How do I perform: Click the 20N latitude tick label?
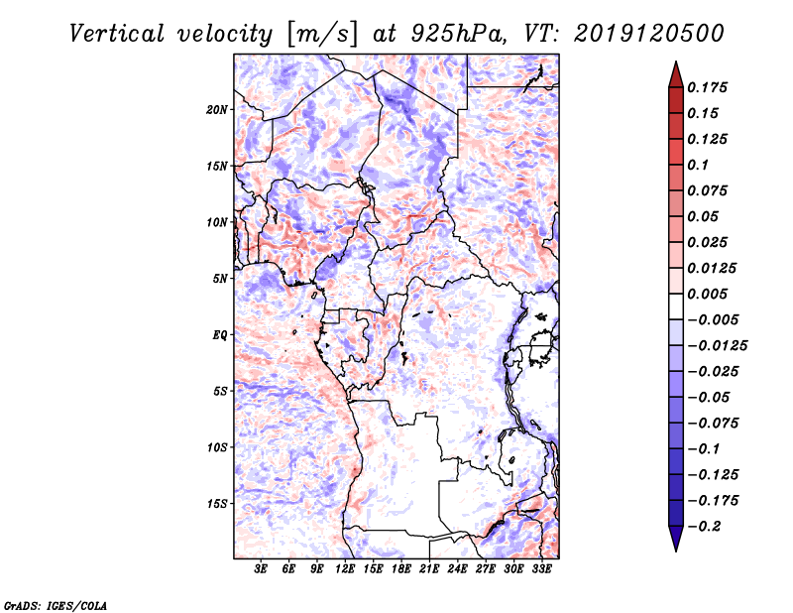tap(217, 109)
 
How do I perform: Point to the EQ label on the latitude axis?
tap(220, 335)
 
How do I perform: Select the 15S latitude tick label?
tap(217, 504)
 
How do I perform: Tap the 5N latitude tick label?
tap(220, 279)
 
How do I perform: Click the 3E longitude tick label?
tap(262, 569)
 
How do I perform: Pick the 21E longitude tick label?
tap(430, 569)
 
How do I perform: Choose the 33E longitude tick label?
tap(542, 569)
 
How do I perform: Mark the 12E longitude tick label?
tap(346, 569)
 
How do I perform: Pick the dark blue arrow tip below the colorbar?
tap(675, 544)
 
